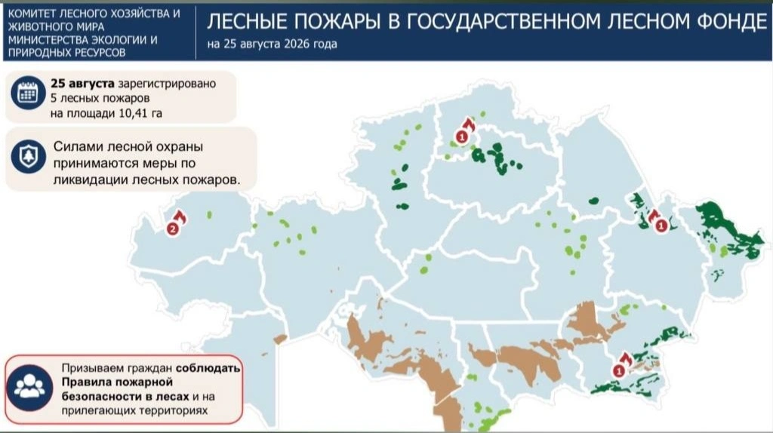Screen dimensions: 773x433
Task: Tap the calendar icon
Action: (28, 93)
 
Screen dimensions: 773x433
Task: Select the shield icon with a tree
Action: (28, 156)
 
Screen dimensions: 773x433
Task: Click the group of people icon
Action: (29, 387)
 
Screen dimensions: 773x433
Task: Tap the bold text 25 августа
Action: (82, 83)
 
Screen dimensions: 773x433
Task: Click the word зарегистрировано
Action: (167, 84)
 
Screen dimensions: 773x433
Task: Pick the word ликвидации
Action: (91, 180)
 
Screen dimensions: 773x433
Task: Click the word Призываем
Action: (92, 368)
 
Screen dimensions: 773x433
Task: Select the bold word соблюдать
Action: (208, 368)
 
